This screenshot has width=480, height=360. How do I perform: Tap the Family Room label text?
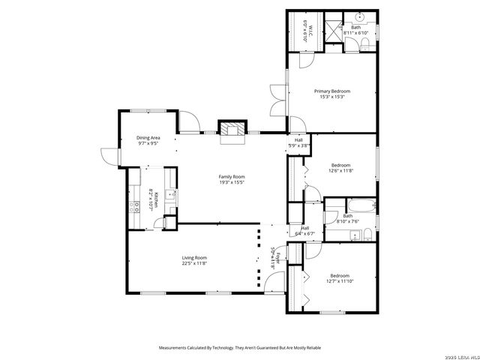pyautogui.click(x=232, y=177)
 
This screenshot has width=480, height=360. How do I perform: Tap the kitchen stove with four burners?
pyautogui.click(x=136, y=208)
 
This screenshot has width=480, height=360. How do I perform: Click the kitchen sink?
pyautogui.click(x=172, y=196)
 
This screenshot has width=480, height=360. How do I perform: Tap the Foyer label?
pyautogui.click(x=277, y=260)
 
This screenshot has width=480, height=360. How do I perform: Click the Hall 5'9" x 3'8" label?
pyautogui.click(x=298, y=142)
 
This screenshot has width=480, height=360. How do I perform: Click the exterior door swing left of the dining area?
pyautogui.click(x=111, y=156)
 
